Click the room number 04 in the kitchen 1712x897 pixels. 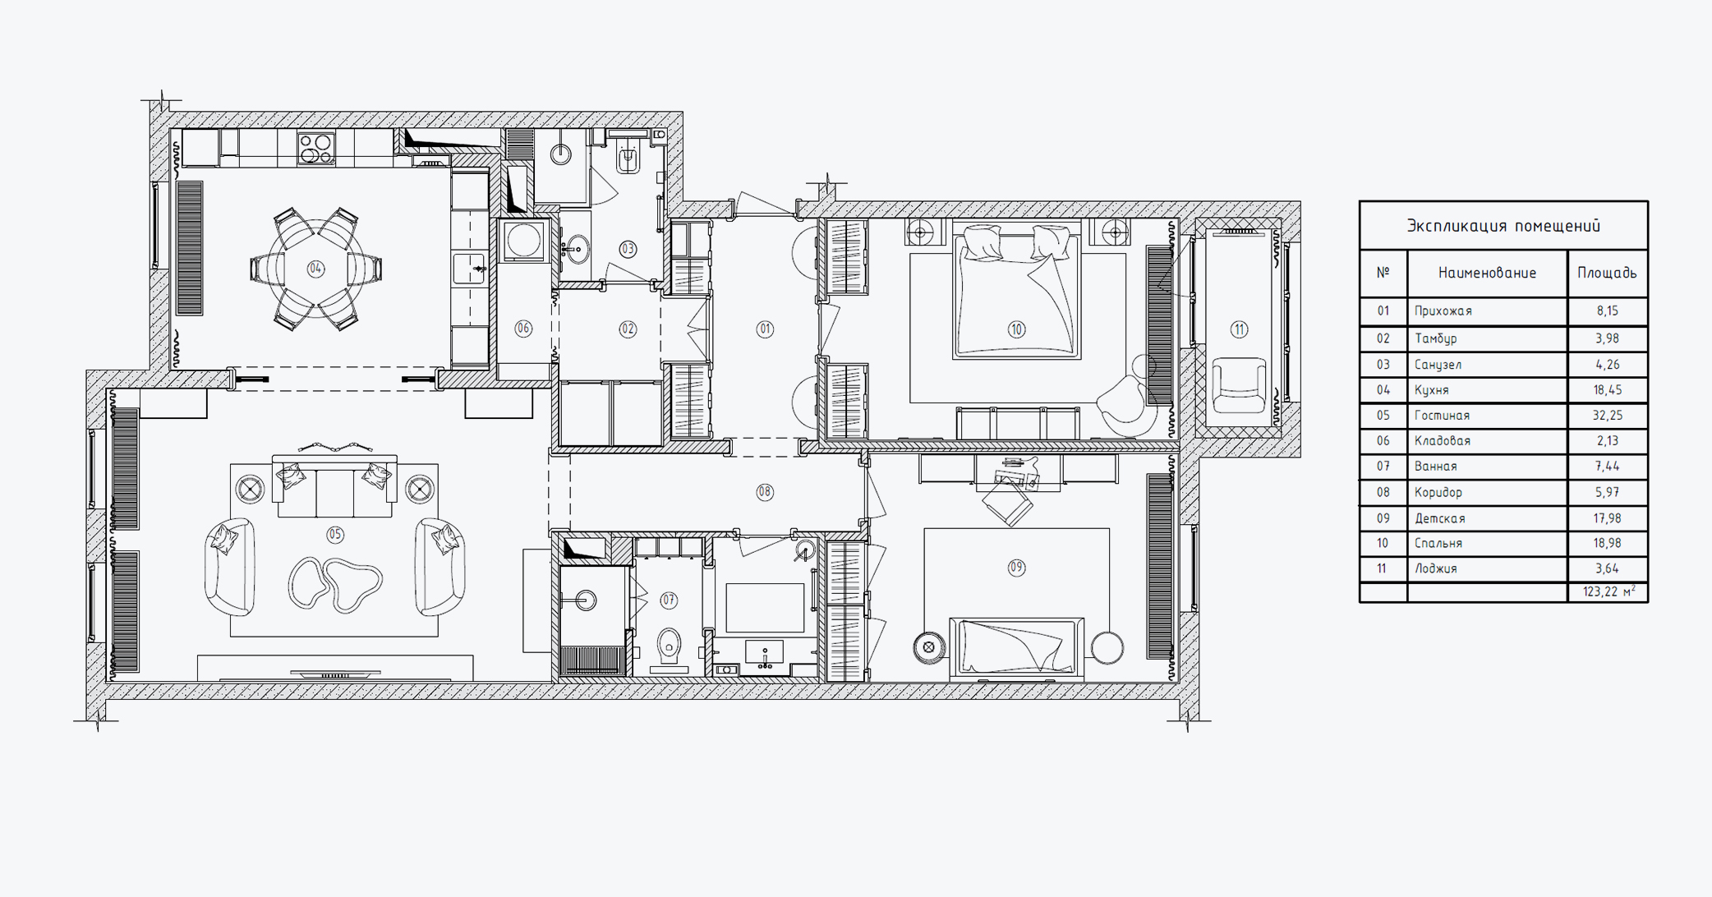(315, 269)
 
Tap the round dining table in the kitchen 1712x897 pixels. (315, 269)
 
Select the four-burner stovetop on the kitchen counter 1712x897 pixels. (316, 148)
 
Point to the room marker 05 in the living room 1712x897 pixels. (335, 535)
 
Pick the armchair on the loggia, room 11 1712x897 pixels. (1239, 385)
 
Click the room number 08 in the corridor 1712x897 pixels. (765, 492)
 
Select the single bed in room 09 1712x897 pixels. (1017, 647)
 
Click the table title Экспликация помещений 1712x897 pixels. (1503, 226)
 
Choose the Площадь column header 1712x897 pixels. (1607, 273)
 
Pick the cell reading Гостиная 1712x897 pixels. (1442, 416)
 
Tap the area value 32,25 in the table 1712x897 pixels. (1608, 416)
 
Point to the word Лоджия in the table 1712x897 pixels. (1435, 568)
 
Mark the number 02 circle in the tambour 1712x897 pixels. (628, 329)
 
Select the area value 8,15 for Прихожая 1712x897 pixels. (1608, 311)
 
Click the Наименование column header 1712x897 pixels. (1487, 273)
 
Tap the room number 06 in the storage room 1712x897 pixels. (523, 329)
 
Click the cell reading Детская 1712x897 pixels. (1440, 518)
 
